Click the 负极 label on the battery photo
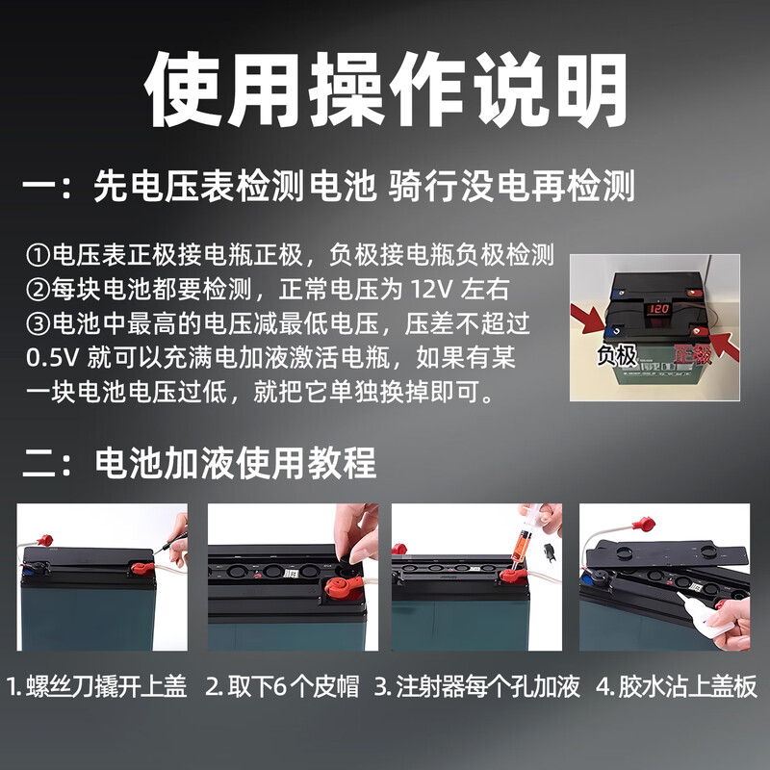point(616,354)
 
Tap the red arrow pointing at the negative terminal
point(590,319)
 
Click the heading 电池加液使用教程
point(235,463)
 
